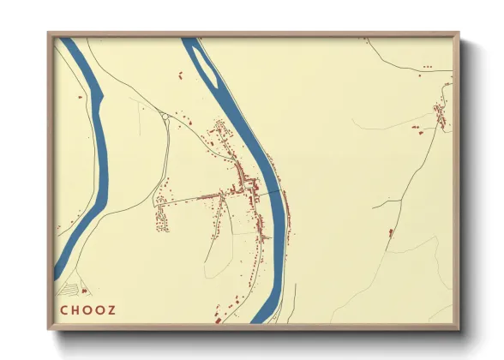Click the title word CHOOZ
[x=87, y=309]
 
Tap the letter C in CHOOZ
[x=63, y=309]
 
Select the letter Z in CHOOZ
[x=111, y=309]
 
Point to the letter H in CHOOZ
[x=75, y=309]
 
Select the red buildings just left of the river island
[x=181, y=77]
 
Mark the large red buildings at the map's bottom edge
[x=218, y=320]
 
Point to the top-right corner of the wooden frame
[x=458, y=34]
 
